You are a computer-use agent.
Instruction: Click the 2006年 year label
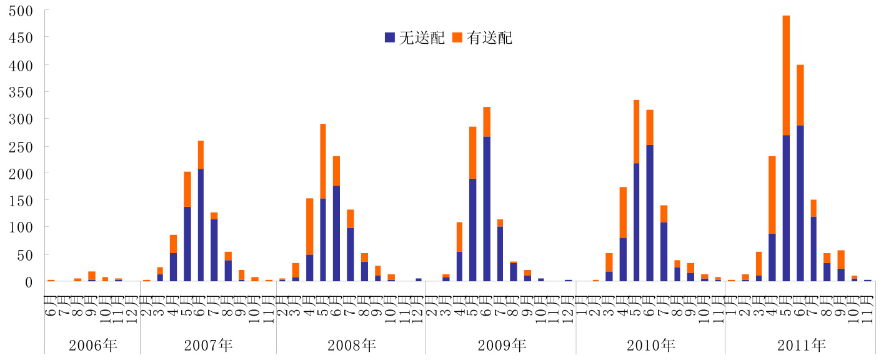93,345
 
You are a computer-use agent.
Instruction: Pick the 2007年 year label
209,345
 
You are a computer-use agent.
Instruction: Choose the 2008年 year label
352,345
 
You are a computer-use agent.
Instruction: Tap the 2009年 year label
502,345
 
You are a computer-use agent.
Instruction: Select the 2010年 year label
650,345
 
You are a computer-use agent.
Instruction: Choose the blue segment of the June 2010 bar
650,213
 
